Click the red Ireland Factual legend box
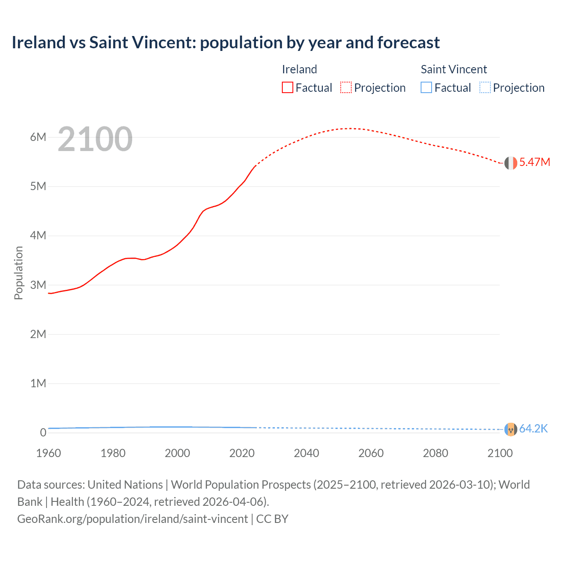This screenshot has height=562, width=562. click(x=288, y=87)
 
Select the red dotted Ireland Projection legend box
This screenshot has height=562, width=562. click(x=346, y=87)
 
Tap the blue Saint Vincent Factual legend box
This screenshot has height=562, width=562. click(x=426, y=87)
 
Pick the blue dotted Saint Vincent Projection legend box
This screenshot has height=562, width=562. click(x=485, y=87)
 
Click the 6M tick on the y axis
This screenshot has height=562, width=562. click(x=38, y=137)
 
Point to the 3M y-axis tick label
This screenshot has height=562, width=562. click(x=38, y=285)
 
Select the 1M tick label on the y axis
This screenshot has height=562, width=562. click(x=38, y=383)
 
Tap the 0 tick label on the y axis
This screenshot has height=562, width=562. click(x=43, y=432)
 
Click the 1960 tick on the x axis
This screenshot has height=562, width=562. click(x=48, y=453)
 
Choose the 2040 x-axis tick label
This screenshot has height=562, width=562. click(x=306, y=453)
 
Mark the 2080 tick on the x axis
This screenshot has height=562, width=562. click(x=436, y=453)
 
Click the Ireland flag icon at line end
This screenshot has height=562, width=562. click(x=511, y=163)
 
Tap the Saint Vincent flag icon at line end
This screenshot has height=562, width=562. click(x=511, y=429)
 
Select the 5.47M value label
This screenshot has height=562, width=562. click(x=535, y=162)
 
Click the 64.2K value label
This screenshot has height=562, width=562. click(x=533, y=429)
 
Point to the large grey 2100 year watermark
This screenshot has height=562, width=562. click(x=95, y=139)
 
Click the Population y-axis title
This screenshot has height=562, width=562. click(x=18, y=273)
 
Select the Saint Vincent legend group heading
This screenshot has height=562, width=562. click(x=454, y=69)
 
